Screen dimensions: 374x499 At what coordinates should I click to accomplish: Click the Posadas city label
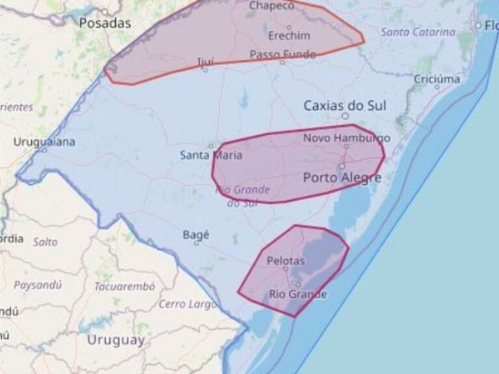click(x=105, y=23)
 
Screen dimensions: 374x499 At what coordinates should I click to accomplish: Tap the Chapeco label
click(x=272, y=6)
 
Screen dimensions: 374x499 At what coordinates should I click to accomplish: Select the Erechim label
click(x=289, y=35)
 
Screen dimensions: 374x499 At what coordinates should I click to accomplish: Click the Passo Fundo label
click(x=283, y=55)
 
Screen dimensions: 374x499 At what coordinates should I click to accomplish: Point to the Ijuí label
click(x=205, y=62)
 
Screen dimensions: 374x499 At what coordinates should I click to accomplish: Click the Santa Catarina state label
click(x=418, y=32)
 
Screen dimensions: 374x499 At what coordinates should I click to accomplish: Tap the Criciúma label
click(x=437, y=79)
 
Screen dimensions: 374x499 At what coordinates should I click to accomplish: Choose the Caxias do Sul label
click(x=344, y=105)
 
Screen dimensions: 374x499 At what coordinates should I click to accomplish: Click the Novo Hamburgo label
click(x=346, y=138)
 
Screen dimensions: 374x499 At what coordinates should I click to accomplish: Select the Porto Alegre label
click(x=342, y=177)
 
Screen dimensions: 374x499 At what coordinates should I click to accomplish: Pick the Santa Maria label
click(x=211, y=155)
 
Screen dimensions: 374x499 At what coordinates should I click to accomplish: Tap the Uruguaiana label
click(x=44, y=142)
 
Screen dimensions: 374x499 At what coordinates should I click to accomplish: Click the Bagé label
click(x=196, y=235)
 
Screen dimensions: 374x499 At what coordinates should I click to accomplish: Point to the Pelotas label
click(x=286, y=261)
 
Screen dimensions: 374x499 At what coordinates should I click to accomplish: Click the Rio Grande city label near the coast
click(x=298, y=295)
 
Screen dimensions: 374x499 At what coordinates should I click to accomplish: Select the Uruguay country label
click(x=116, y=340)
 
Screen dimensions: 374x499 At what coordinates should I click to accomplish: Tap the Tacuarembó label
click(x=125, y=286)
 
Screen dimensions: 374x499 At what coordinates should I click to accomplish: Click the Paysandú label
click(x=38, y=285)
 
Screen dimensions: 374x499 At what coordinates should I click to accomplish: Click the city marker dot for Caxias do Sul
click(x=345, y=116)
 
